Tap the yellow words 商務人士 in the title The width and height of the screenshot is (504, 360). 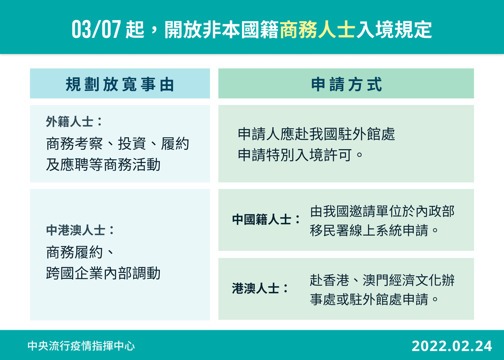[317, 30]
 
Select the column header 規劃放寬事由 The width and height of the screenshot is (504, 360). [120, 84]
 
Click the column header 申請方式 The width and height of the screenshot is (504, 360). [346, 84]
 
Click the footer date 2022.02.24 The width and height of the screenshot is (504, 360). [451, 346]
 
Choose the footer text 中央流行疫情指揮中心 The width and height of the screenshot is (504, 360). [81, 346]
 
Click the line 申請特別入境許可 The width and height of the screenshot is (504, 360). [300, 154]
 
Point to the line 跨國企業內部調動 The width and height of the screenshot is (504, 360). [103, 273]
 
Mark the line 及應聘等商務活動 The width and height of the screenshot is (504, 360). [103, 164]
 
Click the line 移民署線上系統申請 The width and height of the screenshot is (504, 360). [373, 231]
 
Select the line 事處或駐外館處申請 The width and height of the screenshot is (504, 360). [373, 299]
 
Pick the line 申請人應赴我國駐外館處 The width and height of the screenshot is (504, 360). [317, 135]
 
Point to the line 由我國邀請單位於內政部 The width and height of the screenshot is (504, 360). [382, 211]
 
